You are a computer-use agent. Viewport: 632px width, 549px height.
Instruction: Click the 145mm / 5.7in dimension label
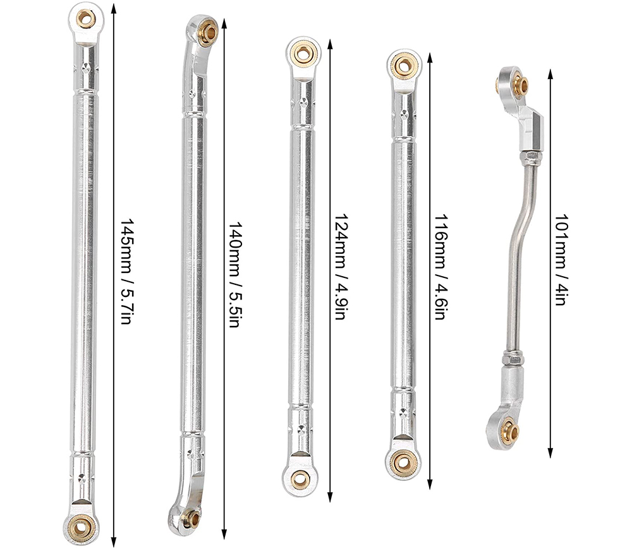coord(126,272)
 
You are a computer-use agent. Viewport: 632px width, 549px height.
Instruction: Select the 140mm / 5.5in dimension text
coord(234,274)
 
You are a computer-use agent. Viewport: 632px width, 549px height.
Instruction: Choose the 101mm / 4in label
coord(561,260)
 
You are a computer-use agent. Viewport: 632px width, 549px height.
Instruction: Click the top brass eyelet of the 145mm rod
coord(86,18)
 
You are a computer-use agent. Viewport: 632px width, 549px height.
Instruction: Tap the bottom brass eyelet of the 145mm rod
coord(81,527)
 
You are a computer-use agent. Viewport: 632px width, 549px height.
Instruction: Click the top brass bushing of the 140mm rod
coord(208,31)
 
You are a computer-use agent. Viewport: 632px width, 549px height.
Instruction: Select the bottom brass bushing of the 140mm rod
coord(192,519)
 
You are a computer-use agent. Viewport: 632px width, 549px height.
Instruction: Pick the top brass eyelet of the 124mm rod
coord(302,53)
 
